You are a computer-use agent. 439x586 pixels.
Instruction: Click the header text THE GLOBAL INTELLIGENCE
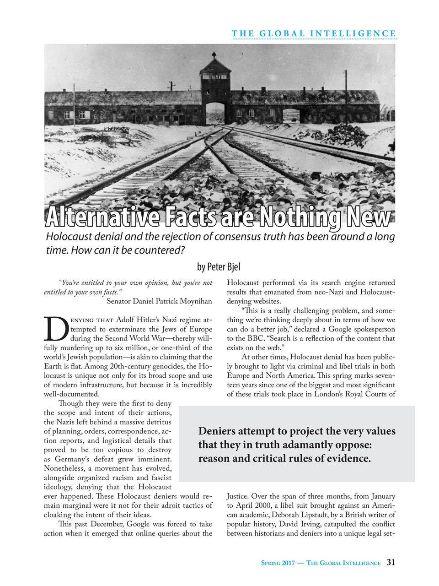[x=314, y=33]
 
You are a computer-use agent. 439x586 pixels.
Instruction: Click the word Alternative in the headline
[x=102, y=218]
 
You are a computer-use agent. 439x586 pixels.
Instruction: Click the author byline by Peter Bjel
[x=219, y=266]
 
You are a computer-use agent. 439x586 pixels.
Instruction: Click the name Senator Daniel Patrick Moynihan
[x=159, y=301]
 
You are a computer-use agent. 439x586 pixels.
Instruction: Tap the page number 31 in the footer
[x=391, y=563]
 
